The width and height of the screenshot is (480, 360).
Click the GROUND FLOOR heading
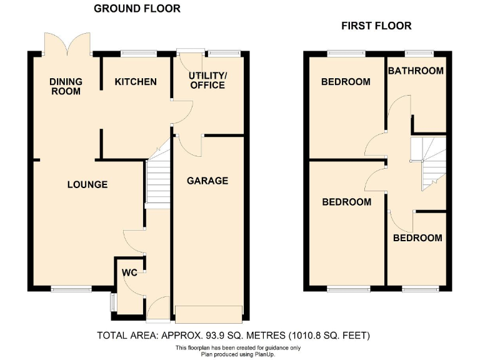137,9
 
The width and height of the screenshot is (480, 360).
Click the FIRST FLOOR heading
376,26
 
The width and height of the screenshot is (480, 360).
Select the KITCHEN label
136,82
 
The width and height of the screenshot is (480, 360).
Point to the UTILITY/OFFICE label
208,80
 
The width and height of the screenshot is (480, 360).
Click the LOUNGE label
87,184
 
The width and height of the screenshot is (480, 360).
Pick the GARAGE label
207,181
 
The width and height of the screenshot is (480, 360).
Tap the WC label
129,272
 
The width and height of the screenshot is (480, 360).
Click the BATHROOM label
416,71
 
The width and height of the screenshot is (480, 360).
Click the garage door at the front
208,313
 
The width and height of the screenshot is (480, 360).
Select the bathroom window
415,53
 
